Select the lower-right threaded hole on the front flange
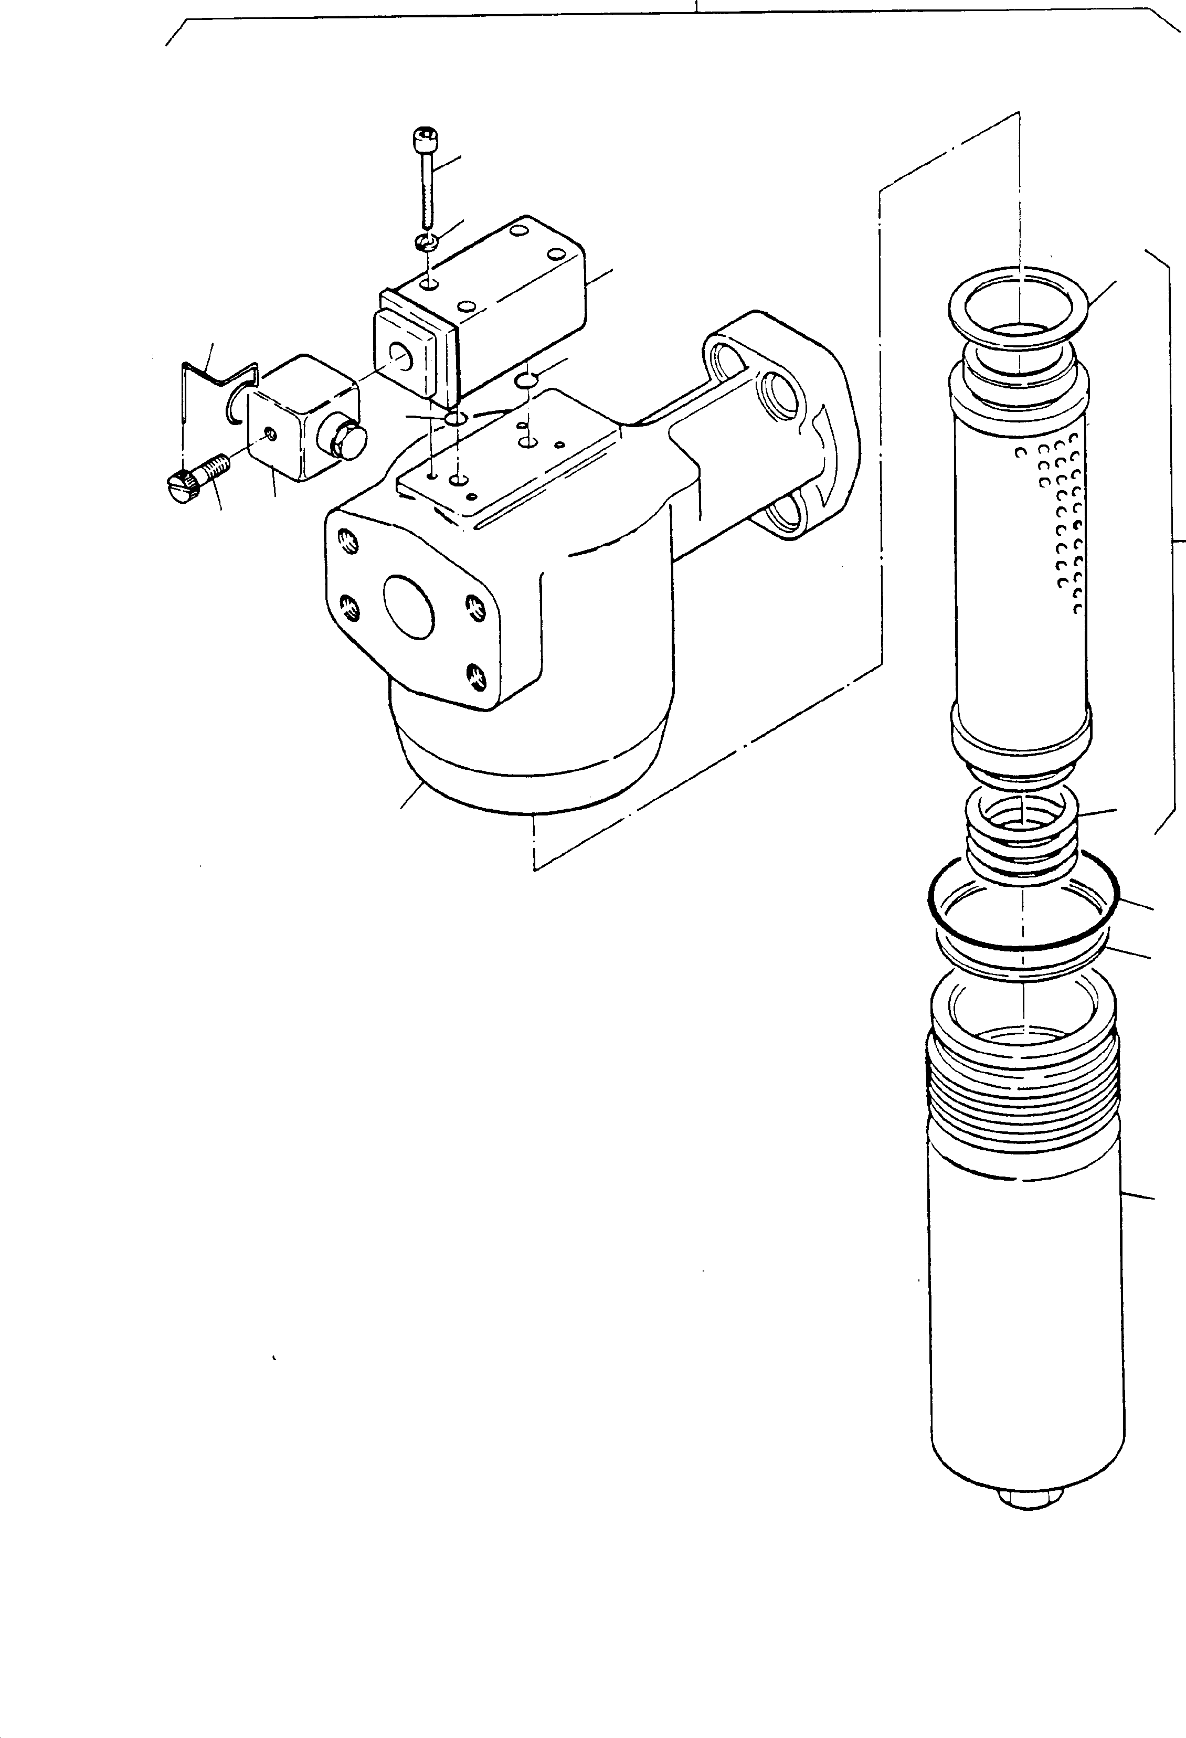tap(473, 677)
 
